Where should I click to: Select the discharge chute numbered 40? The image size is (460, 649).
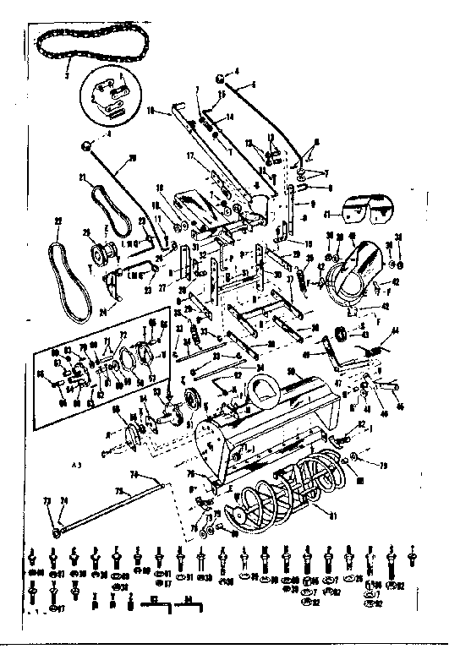pyautogui.click(x=355, y=270)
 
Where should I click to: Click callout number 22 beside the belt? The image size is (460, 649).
pyautogui.click(x=57, y=223)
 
